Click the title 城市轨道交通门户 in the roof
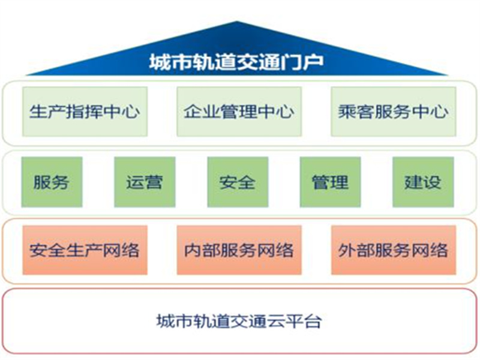click(x=236, y=62)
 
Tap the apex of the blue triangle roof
click(x=236, y=21)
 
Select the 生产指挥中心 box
click(x=85, y=112)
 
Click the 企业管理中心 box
click(x=239, y=112)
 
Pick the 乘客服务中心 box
click(x=394, y=112)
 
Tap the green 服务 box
click(x=52, y=182)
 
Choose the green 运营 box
click(x=145, y=182)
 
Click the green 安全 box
click(x=238, y=182)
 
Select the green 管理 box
click(x=331, y=182)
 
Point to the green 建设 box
click(x=423, y=182)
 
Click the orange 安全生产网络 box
click(x=85, y=250)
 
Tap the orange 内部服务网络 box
click(x=239, y=250)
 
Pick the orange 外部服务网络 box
click(x=394, y=250)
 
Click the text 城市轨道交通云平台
click(x=239, y=321)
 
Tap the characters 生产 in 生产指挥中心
click(x=47, y=112)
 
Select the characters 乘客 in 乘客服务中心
click(x=356, y=112)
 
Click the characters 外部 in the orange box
click(x=356, y=250)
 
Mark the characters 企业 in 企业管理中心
click(x=202, y=112)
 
